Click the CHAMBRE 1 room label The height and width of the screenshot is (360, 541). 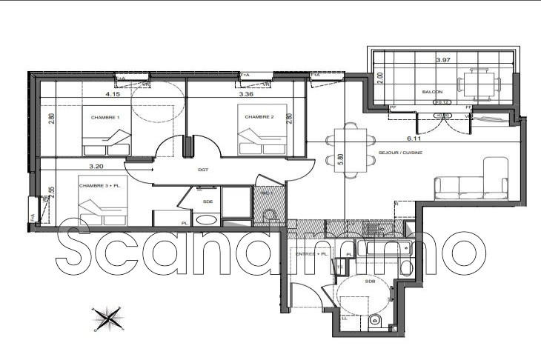coord(105,118)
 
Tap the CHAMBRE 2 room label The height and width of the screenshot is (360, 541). coord(259,117)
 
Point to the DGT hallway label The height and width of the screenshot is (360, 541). coord(203,170)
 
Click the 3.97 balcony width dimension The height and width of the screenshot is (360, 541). coord(443,59)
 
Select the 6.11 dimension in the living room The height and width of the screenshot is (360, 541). coord(414,138)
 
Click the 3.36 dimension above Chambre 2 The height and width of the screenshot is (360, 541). coord(246,95)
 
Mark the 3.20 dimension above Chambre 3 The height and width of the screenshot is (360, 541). coord(94,167)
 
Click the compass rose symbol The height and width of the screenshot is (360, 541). coord(108,319)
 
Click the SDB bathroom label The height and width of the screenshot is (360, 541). coord(370,282)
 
